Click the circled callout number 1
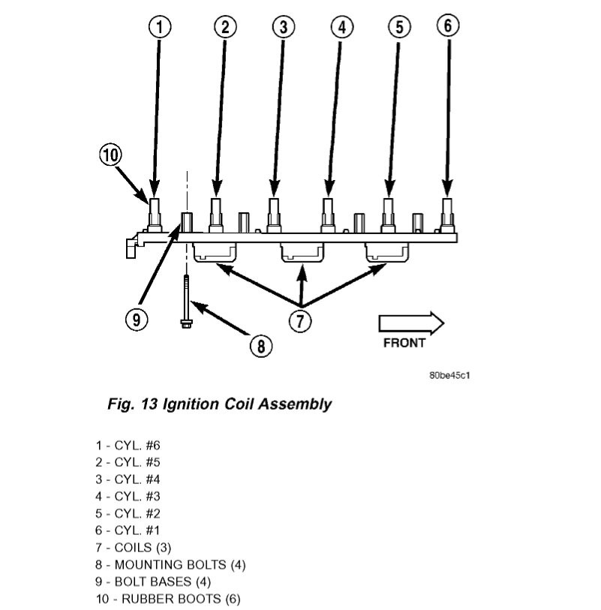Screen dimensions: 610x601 (x=160, y=27)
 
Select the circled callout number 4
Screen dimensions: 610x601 (x=341, y=27)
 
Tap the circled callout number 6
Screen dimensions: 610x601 (x=447, y=25)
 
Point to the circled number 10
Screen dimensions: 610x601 (x=110, y=155)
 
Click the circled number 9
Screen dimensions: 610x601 (x=135, y=319)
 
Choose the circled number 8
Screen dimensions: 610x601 (x=260, y=345)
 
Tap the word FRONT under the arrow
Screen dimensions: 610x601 (x=404, y=343)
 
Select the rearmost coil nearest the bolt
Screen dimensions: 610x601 (x=215, y=254)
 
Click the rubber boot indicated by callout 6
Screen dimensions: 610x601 (x=447, y=214)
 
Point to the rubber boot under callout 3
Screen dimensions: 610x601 (x=274, y=214)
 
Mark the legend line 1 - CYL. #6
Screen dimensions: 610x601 (x=128, y=444)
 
